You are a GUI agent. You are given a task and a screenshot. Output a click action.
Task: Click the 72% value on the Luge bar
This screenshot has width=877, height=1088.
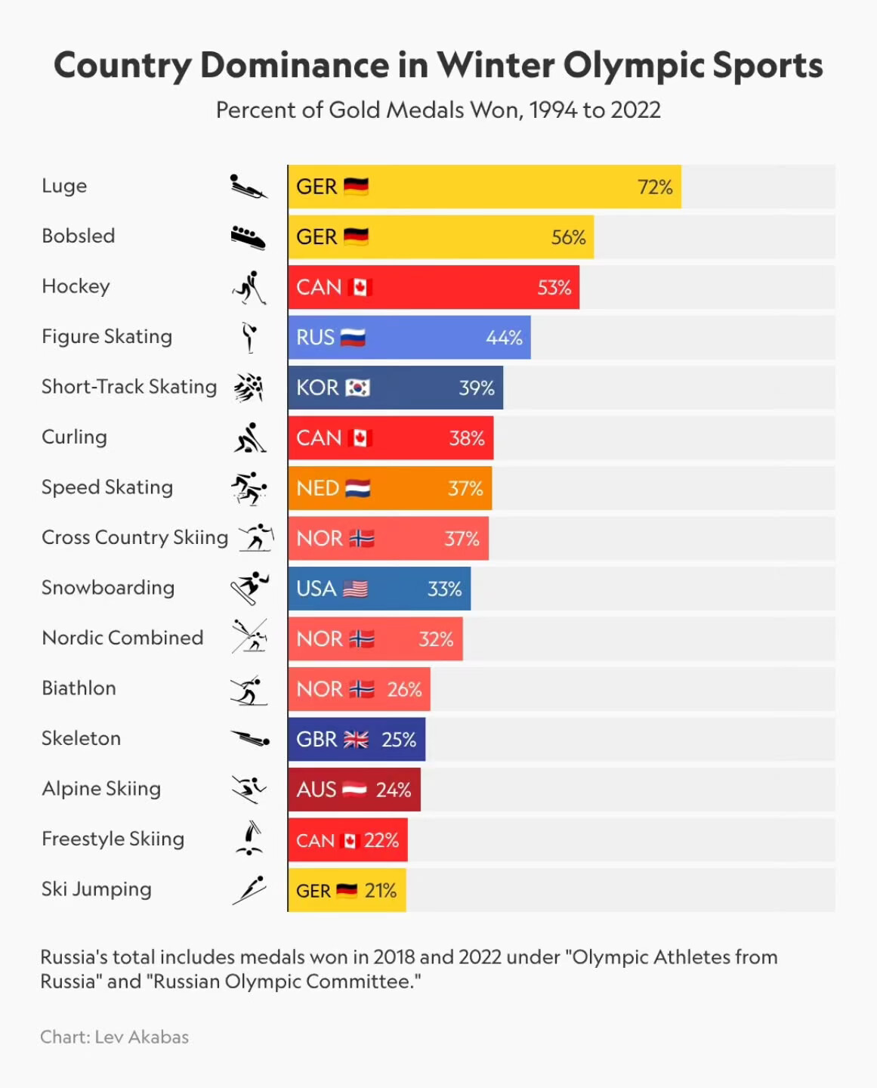[x=654, y=187]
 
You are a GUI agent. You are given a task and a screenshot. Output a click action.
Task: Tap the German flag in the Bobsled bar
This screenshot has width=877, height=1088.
[x=356, y=236]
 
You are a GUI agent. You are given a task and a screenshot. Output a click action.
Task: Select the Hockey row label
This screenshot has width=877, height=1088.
[x=76, y=286]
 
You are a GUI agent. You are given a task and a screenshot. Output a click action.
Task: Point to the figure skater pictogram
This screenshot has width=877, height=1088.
[x=249, y=337]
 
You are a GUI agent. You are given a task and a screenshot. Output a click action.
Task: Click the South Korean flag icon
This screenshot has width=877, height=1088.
[x=357, y=388]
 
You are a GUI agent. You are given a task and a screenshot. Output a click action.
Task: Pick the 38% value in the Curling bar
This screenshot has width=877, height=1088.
[x=466, y=438]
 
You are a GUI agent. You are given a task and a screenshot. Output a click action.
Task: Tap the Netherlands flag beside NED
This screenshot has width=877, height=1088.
[x=357, y=488]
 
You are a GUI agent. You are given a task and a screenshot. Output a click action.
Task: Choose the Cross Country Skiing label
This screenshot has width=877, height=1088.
[x=134, y=537]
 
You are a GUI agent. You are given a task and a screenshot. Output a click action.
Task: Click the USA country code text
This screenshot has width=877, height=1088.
[x=316, y=589]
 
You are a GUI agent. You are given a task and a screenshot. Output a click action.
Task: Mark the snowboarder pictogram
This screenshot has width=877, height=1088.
[x=249, y=588]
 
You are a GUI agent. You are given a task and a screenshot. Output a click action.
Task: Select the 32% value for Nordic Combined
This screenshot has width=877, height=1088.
[x=436, y=639]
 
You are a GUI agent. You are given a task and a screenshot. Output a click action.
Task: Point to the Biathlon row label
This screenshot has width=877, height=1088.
[x=79, y=688]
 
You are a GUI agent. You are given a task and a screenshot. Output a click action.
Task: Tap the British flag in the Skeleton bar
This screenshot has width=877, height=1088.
[x=356, y=740]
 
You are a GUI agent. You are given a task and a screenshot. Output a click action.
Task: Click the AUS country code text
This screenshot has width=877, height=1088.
[x=316, y=790]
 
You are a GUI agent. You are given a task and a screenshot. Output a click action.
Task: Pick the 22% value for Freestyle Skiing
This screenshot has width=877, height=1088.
[x=381, y=840]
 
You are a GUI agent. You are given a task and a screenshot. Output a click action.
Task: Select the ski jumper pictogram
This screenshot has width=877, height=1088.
[x=249, y=890]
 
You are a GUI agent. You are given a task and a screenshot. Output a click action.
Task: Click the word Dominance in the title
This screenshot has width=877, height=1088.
[x=295, y=65]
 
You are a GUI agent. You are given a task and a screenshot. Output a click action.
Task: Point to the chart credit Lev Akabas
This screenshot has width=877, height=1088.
[x=141, y=1037]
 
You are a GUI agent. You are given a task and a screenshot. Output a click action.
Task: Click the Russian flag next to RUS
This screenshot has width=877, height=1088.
[x=353, y=338]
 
